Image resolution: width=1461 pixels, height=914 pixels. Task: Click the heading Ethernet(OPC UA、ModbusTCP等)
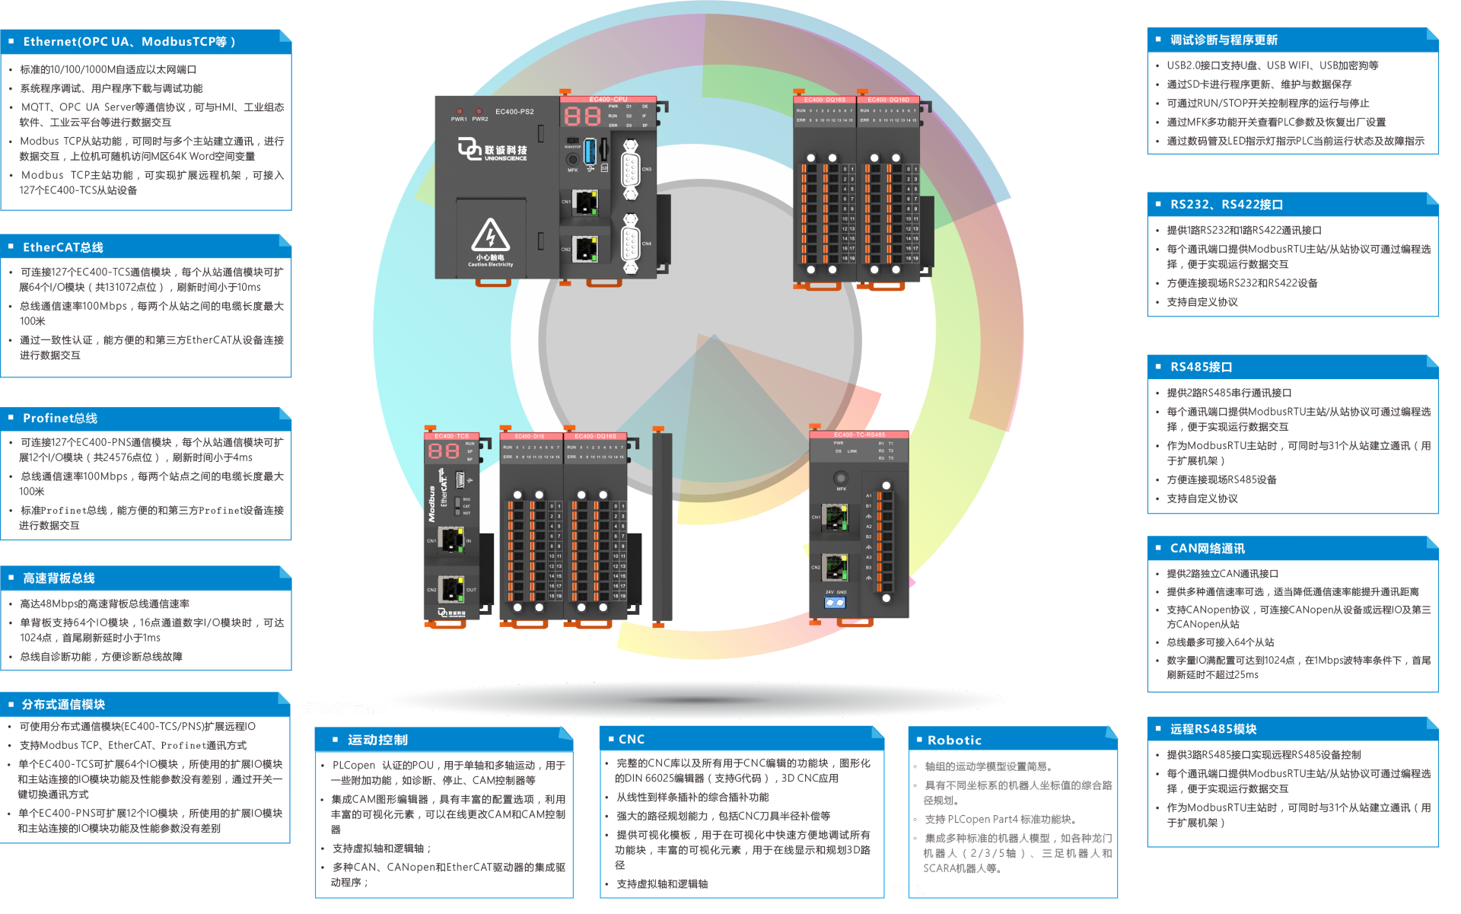(x=129, y=42)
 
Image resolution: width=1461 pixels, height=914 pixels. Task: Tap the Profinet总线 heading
(x=60, y=418)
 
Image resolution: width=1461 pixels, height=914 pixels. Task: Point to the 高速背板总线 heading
(x=59, y=578)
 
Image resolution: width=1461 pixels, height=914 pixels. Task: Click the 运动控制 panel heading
(x=377, y=740)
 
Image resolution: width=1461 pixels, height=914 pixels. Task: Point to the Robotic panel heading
(x=954, y=740)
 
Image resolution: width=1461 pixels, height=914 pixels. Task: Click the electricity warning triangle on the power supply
(x=490, y=235)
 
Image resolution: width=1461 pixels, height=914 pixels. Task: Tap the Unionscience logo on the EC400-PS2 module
(x=492, y=149)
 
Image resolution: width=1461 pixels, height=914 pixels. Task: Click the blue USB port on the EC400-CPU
(x=589, y=151)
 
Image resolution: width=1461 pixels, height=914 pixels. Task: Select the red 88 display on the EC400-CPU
(x=582, y=116)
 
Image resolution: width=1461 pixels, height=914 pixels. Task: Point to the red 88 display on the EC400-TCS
(x=444, y=451)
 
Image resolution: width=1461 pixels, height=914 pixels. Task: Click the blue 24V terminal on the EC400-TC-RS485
(x=835, y=603)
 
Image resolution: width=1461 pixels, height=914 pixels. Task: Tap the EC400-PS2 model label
(x=514, y=112)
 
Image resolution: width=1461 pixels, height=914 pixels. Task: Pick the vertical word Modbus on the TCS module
(x=431, y=504)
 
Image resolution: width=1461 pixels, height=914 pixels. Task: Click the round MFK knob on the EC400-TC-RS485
(x=840, y=479)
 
